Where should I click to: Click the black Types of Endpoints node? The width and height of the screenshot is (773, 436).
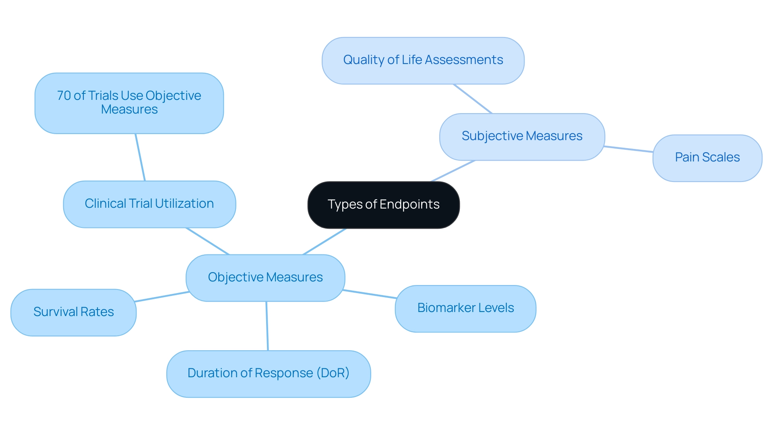383,205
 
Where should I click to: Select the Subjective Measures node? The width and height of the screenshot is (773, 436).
522,136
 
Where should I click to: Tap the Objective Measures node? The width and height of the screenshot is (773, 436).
265,277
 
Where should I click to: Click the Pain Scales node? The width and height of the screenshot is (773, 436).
707,158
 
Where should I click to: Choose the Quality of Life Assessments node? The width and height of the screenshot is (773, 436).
423,60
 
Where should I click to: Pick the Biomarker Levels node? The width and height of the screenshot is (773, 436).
465,308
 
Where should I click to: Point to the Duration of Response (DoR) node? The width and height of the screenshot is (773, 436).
269,374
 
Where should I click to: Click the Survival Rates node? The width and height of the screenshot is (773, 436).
73,312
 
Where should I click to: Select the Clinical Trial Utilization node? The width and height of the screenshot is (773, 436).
149,204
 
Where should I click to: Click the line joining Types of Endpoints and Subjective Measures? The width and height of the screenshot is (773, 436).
453,171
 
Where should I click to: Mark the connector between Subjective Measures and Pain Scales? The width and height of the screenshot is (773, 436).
628,149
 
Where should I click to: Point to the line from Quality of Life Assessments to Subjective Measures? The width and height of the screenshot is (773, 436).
473,99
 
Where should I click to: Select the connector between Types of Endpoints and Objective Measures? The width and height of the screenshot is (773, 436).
324,242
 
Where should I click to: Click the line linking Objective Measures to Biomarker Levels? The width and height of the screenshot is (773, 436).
370,294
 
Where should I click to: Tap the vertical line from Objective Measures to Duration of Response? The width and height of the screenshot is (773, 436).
267,326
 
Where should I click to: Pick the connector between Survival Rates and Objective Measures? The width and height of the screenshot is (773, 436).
162,297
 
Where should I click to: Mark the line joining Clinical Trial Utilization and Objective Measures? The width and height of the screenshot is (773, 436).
208,241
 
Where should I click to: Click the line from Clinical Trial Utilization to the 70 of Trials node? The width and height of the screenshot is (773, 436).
140,157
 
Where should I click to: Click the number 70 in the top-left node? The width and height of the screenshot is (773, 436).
64,96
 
